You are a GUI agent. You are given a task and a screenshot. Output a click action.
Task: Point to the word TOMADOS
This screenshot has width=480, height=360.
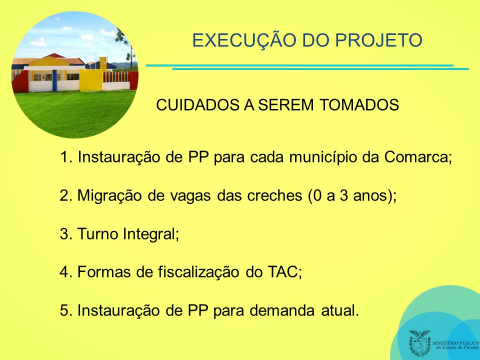click(359, 105)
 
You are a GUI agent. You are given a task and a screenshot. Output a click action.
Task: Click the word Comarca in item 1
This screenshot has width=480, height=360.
click(418, 157)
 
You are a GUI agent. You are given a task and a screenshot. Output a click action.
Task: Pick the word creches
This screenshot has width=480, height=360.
click(274, 195)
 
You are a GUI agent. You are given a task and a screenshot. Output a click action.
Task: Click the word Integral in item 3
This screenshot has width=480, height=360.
click(151, 234)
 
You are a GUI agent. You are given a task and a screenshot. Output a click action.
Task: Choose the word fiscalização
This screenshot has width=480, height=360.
click(198, 272)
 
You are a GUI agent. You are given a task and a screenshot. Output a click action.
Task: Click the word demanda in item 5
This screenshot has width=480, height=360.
click(282, 310)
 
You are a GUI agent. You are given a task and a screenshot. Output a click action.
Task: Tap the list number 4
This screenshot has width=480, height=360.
click(65, 272)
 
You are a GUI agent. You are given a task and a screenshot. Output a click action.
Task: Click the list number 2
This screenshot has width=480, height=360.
click(65, 195)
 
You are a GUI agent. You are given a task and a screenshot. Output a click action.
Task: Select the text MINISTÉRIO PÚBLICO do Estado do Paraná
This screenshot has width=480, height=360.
click(455, 345)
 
